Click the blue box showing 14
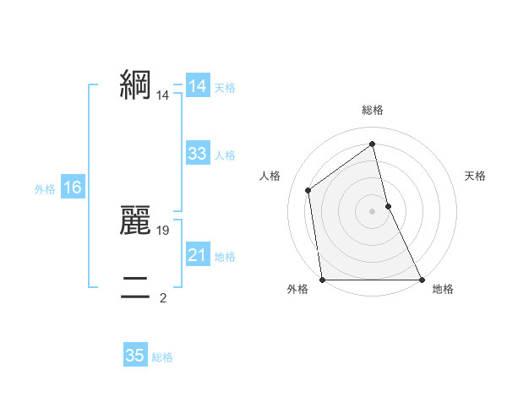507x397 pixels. point(198,86)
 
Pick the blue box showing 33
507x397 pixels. point(198,154)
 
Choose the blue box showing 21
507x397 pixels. point(198,255)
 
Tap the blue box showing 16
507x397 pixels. point(73,188)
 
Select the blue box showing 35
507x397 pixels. point(135,356)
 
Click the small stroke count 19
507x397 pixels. point(164,230)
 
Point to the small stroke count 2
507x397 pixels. point(163,297)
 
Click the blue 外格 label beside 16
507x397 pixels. point(45,189)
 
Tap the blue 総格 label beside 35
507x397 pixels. point(162,357)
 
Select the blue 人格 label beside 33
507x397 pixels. point(225,155)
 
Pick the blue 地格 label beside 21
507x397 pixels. point(225,257)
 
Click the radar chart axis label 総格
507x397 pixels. point(373,110)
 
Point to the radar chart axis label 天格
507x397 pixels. point(476,176)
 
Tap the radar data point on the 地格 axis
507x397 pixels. point(421,280)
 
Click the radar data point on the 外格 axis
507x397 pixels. point(323,280)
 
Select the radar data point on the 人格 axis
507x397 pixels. point(308,190)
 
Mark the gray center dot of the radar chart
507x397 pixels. point(372,210)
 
